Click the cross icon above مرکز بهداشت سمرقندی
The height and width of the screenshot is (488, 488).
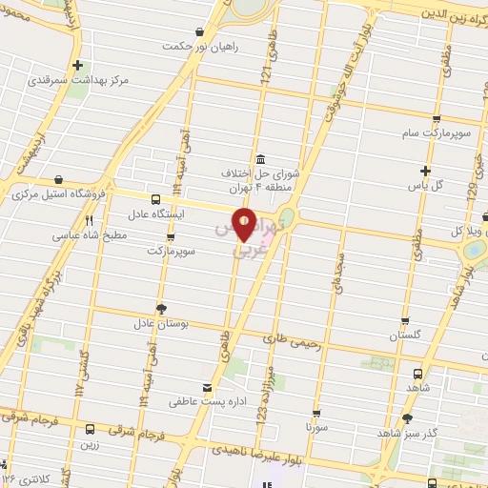pyautogui.click(x=78, y=66)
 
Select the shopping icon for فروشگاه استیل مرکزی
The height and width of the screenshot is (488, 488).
pyautogui.click(x=59, y=178)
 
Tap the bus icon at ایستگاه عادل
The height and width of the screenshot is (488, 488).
pyautogui.click(x=155, y=199)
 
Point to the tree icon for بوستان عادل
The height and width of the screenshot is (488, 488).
pyautogui.click(x=160, y=307)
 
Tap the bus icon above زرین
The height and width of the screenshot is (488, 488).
pyautogui.click(x=91, y=429)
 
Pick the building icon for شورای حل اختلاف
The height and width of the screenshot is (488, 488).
pyautogui.click(x=260, y=159)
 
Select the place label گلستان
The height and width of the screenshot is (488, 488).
pyautogui.click(x=406, y=335)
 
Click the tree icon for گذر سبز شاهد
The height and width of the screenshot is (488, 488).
pyautogui.click(x=408, y=417)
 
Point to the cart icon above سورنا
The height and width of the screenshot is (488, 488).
pyautogui.click(x=315, y=413)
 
